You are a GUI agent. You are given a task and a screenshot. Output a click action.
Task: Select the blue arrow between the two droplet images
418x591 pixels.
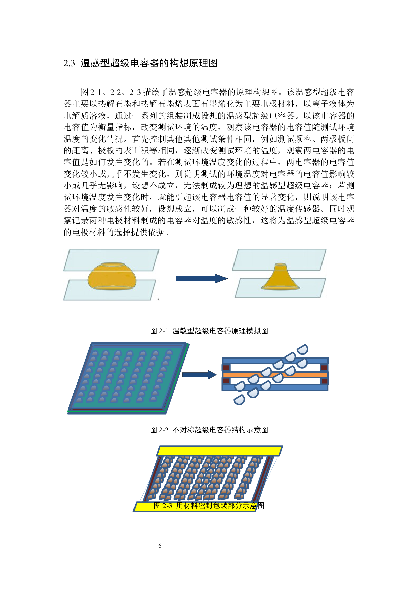tap(201, 278)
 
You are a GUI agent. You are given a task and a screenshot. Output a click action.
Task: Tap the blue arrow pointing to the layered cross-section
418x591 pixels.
tap(199, 375)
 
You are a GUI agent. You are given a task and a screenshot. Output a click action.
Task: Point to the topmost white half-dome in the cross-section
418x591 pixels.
tap(302, 350)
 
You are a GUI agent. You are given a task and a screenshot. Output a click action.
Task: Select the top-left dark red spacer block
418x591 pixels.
tap(226, 368)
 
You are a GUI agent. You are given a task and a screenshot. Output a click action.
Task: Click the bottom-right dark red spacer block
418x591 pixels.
tap(324, 381)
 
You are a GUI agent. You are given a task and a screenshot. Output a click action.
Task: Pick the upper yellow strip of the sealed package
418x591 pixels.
tap(219, 451)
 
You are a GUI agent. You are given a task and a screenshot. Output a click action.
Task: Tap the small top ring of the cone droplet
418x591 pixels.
tap(280, 265)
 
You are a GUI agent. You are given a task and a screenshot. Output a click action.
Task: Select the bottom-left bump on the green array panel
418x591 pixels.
tap(79, 400)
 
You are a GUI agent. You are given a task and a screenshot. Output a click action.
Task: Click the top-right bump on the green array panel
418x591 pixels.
tap(169, 353)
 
